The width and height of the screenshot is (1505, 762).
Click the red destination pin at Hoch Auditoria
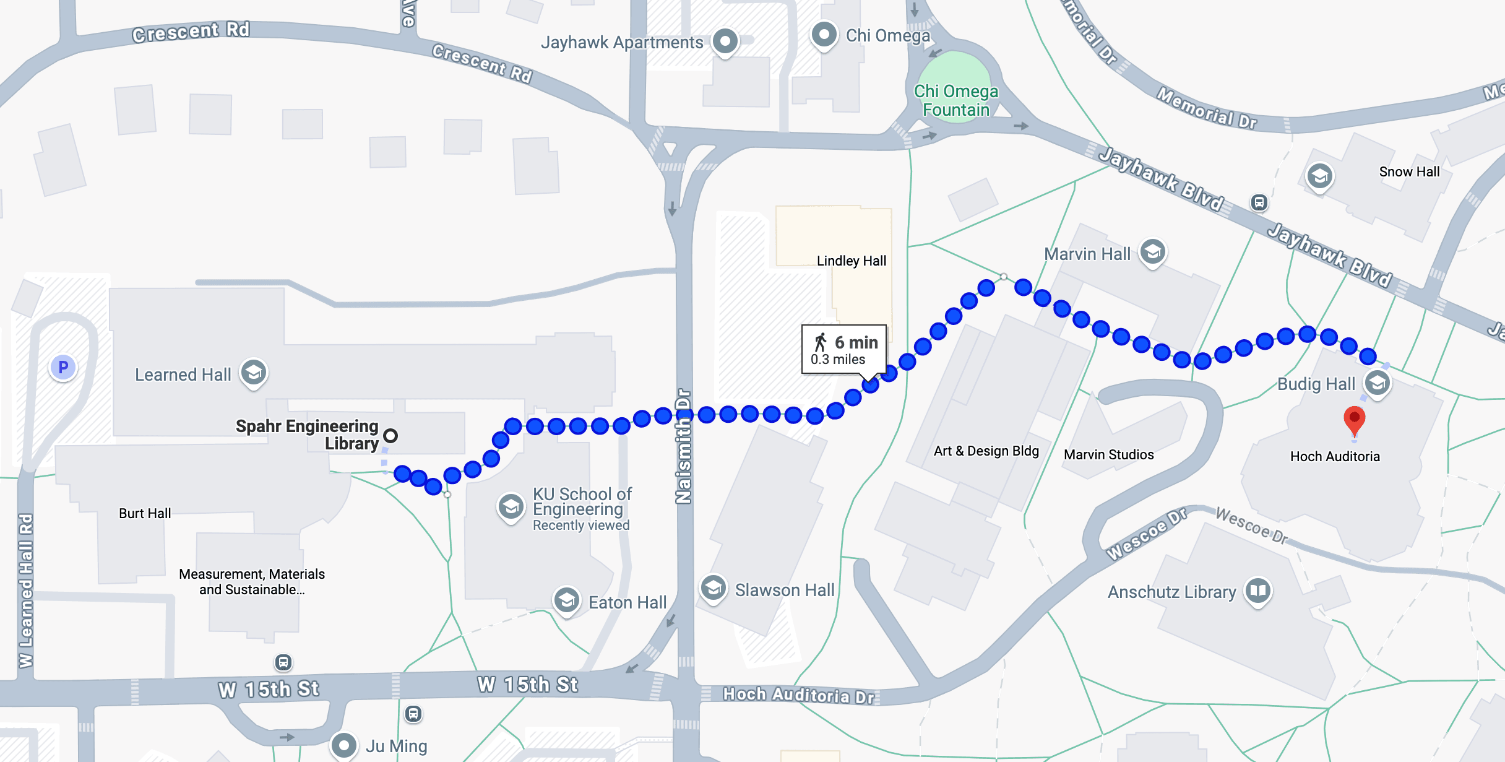(x=1354, y=419)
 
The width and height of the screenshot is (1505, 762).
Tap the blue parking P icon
(x=63, y=368)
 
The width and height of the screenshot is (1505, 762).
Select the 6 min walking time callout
(x=844, y=350)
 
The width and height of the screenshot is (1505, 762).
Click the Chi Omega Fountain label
(x=956, y=100)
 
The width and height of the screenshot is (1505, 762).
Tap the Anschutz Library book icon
(x=1258, y=590)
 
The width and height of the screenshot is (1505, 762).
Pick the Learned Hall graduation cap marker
(x=254, y=372)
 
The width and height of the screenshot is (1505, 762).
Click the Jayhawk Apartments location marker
(x=725, y=41)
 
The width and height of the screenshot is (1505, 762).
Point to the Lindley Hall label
(x=852, y=261)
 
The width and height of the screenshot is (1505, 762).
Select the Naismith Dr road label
(x=683, y=446)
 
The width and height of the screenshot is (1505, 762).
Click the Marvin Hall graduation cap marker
(x=1153, y=252)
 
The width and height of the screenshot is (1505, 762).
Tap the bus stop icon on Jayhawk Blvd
(x=1259, y=202)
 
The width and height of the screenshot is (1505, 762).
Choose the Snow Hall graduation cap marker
(x=1319, y=176)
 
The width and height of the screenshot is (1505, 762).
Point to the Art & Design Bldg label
(x=986, y=451)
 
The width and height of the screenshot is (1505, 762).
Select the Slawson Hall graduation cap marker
(x=713, y=587)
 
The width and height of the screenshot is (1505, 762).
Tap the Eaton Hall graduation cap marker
(x=567, y=599)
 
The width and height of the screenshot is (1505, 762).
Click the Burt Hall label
(x=145, y=513)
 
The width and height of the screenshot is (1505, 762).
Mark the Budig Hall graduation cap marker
(x=1378, y=383)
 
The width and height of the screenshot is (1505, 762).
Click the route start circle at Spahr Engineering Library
(x=390, y=436)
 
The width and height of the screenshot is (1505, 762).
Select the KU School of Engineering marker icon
(x=511, y=506)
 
